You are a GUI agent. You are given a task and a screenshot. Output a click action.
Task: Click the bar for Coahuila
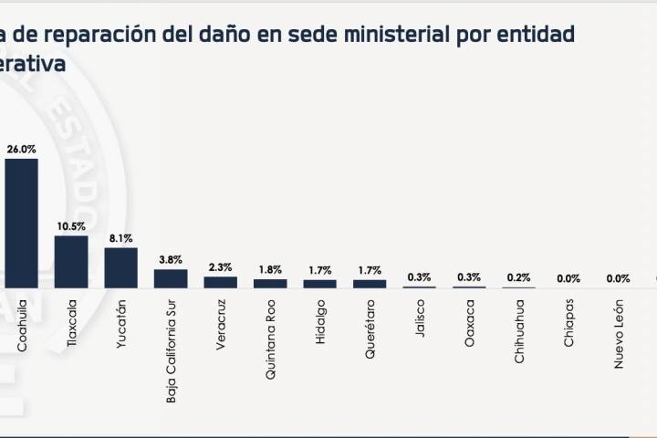pos(22,224)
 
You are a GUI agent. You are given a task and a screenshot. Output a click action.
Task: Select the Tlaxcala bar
pos(71,262)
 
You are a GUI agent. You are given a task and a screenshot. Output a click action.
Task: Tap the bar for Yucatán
pos(121,267)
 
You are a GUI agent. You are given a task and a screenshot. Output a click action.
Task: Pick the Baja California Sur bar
pos(171,278)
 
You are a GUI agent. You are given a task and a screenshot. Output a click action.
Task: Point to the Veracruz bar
pos(220,282)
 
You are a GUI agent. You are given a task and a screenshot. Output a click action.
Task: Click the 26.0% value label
pos(22,148)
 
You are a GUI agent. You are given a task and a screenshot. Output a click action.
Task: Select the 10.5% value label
pos(71,225)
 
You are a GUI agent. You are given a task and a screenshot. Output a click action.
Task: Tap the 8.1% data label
pos(121,237)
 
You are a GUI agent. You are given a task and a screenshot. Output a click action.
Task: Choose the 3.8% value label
pos(171,259)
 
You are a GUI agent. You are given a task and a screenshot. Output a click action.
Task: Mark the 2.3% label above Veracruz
pos(220,266)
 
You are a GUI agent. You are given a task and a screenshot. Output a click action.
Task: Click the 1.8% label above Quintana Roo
pos(270,269)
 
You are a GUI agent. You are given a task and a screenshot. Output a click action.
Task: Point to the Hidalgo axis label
pos(320,318)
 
